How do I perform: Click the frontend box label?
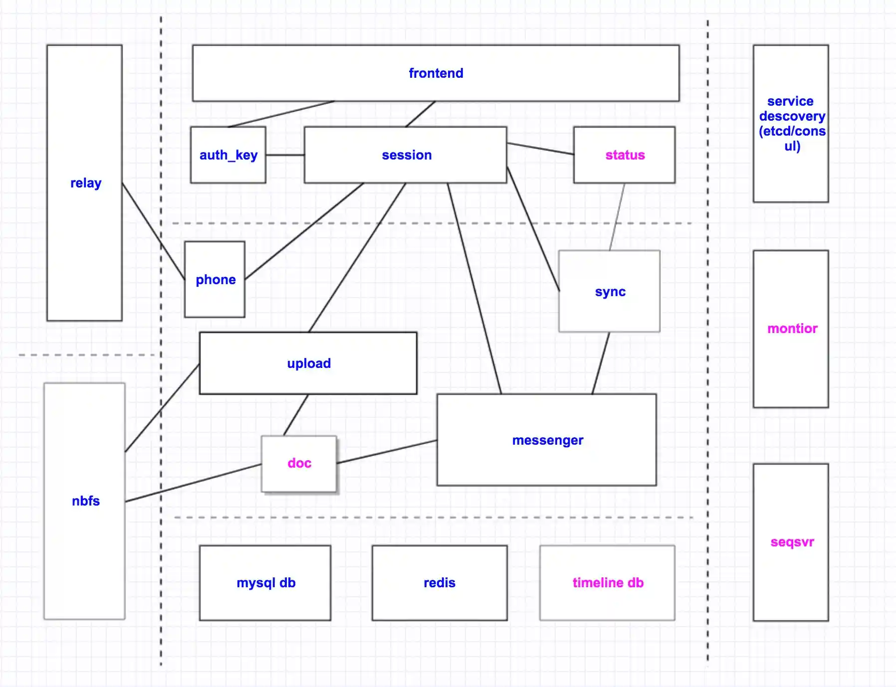click(x=436, y=73)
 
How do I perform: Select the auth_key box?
click(x=228, y=155)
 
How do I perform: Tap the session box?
click(x=406, y=155)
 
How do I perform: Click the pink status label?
click(x=625, y=155)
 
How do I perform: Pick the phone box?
click(x=215, y=280)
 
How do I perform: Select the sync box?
click(x=610, y=292)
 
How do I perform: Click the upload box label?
click(x=309, y=363)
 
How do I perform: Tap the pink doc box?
click(x=299, y=464)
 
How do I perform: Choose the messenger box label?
click(x=547, y=440)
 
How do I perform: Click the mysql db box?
click(x=265, y=583)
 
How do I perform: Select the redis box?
click(x=440, y=583)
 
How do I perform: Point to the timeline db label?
click(x=608, y=583)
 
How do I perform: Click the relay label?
click(x=86, y=183)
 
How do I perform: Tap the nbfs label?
click(x=86, y=501)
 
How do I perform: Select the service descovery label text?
click(x=792, y=124)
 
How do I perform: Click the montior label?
click(x=792, y=329)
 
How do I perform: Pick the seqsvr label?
click(x=792, y=542)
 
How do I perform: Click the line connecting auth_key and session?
click(x=285, y=155)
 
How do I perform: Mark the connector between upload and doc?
click(x=296, y=415)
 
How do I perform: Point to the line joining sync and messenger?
click(x=601, y=363)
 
